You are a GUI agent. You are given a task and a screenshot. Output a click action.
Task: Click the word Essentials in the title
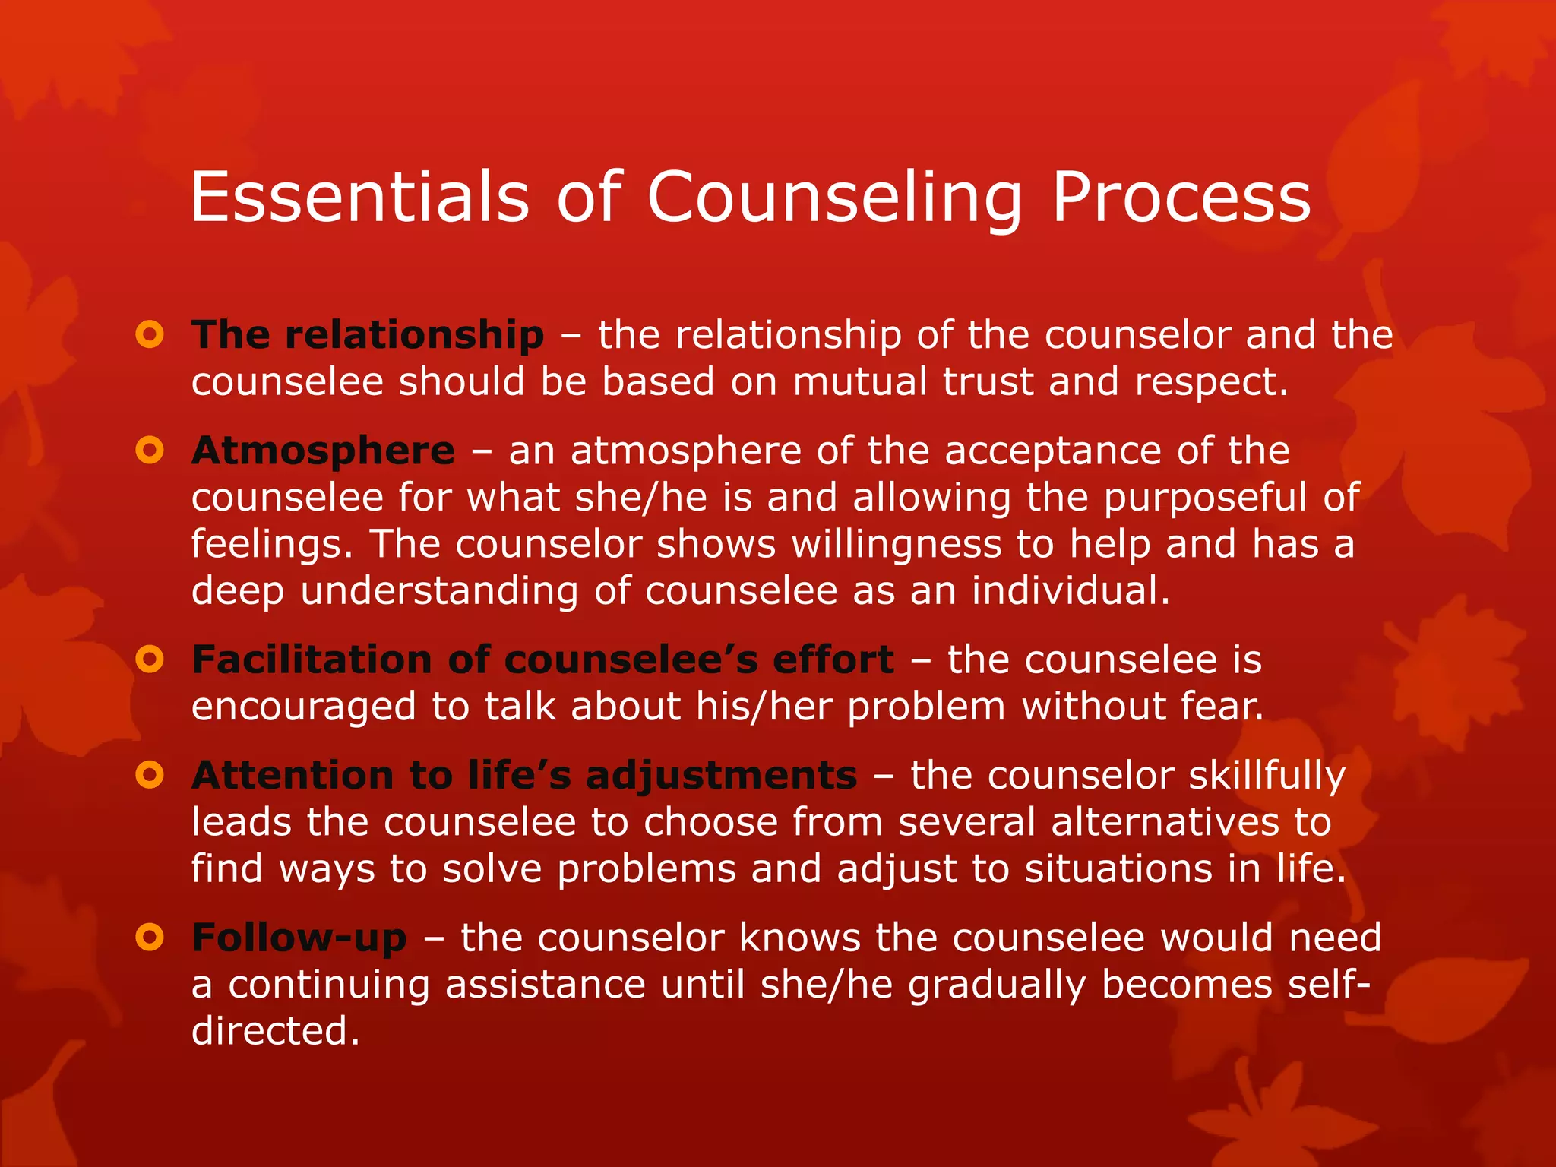359,198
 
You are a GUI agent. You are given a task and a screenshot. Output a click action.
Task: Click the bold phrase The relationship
368,335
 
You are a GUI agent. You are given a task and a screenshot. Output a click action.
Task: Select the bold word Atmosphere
323,451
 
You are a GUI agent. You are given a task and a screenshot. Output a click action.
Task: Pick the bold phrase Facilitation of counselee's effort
542,659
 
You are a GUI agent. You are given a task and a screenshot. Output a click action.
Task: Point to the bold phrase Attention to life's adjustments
524,776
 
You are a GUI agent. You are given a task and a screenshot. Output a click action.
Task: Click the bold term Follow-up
299,938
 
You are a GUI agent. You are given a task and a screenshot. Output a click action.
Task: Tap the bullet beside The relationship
150,334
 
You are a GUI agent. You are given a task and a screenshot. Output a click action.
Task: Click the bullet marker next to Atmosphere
150,451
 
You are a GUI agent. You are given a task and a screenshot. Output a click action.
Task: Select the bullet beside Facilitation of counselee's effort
150,659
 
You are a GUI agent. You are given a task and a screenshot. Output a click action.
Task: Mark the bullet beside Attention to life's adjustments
150,776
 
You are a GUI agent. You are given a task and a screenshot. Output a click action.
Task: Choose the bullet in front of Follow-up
150,938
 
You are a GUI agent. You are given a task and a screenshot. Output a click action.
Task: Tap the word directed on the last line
275,1032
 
